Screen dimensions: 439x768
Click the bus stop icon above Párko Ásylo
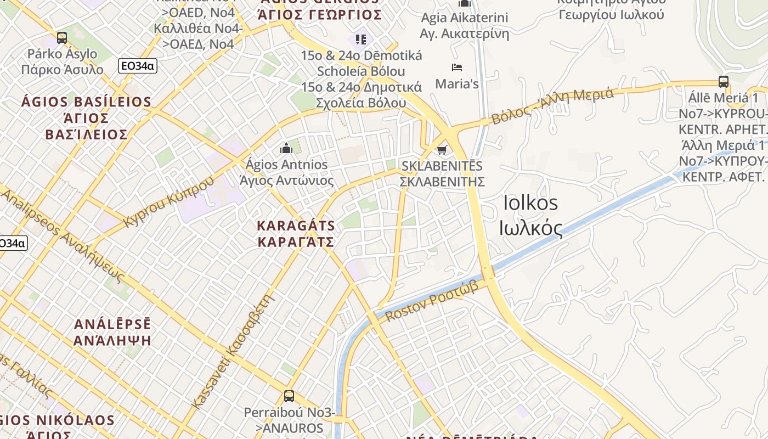[x=62, y=38]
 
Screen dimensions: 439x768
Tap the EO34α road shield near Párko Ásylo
[x=138, y=66]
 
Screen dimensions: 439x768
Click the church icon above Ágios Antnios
[x=286, y=148]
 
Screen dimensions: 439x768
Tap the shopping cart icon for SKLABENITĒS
[x=442, y=149]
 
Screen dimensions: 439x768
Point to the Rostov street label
[x=431, y=301]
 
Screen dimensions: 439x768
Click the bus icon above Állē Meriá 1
[x=723, y=82]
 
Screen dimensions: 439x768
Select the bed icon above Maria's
[x=456, y=67]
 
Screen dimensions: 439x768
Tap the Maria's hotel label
[x=456, y=84]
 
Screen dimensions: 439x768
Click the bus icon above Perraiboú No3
[x=289, y=396]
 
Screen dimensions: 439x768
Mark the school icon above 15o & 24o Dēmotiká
[x=360, y=39]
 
